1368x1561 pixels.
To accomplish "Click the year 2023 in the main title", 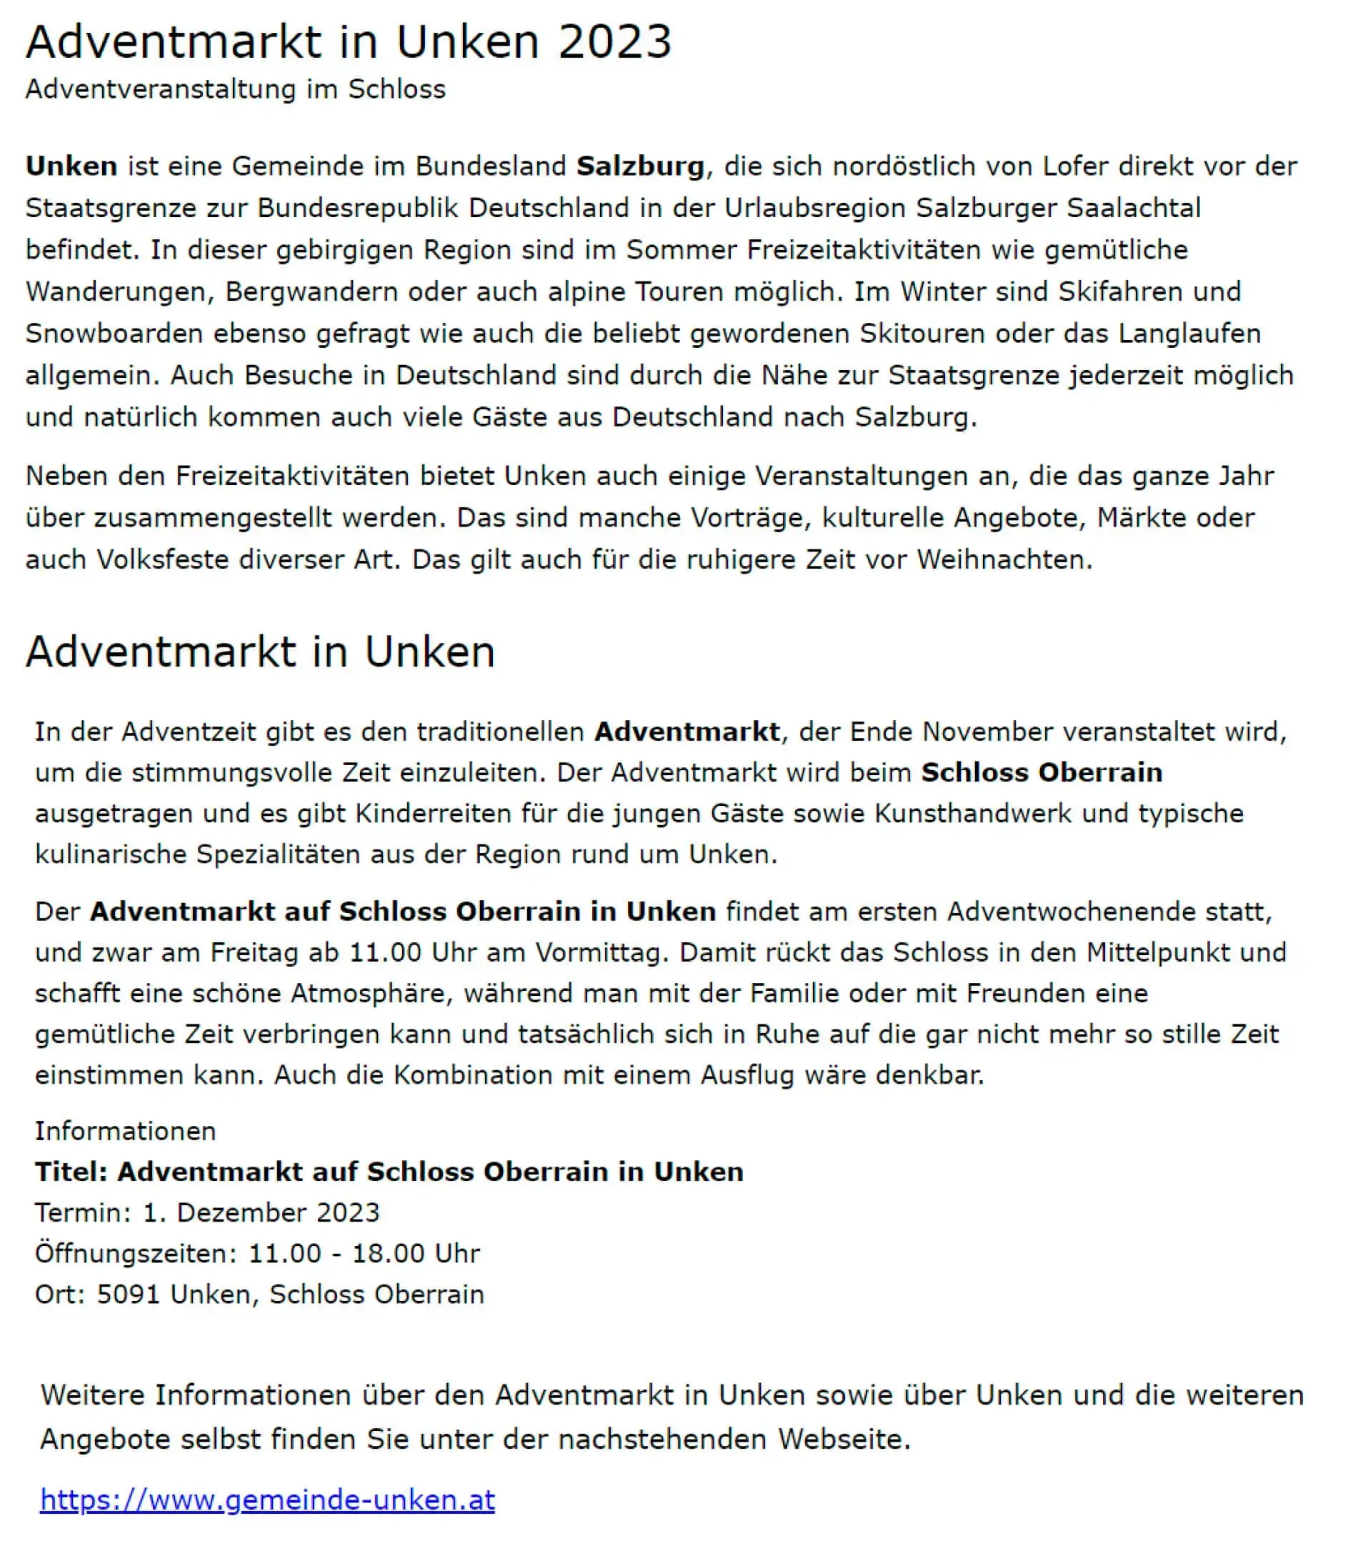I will [614, 41].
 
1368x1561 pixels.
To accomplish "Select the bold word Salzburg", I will [640, 166].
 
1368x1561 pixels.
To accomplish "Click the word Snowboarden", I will [113, 334].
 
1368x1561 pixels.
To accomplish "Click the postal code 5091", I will [129, 1294].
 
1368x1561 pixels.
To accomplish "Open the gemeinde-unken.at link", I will [267, 1500].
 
